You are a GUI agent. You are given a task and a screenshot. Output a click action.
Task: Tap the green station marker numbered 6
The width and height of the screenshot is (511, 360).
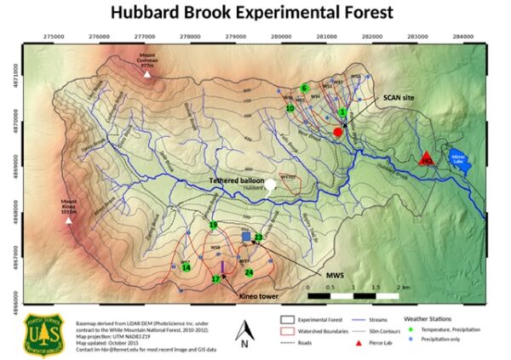click(304, 88)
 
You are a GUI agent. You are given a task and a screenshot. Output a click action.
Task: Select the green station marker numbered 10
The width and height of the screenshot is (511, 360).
click(290, 109)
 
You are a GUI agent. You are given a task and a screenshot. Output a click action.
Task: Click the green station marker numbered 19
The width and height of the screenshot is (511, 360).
click(213, 225)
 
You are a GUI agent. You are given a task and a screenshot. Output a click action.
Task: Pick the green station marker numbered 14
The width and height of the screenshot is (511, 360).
click(186, 267)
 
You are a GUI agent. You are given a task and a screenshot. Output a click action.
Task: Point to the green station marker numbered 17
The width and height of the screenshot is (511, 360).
click(216, 279)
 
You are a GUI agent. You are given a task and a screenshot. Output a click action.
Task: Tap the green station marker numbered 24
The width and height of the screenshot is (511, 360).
click(249, 271)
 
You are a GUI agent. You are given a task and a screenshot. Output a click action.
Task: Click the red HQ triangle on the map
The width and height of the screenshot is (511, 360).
click(427, 157)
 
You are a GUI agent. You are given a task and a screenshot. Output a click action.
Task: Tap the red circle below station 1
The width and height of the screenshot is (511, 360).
click(338, 133)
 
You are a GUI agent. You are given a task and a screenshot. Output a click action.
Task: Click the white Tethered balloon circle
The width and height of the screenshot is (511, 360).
click(270, 183)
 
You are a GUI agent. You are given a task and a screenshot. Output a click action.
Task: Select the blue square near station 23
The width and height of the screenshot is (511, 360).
click(246, 235)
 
